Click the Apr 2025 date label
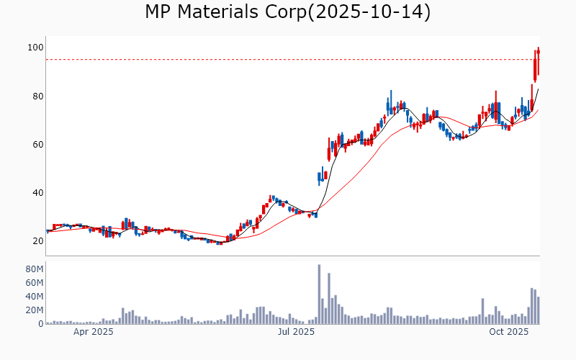94,333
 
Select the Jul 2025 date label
296,333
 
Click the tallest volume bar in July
319,294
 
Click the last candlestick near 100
538,60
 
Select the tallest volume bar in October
531,306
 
